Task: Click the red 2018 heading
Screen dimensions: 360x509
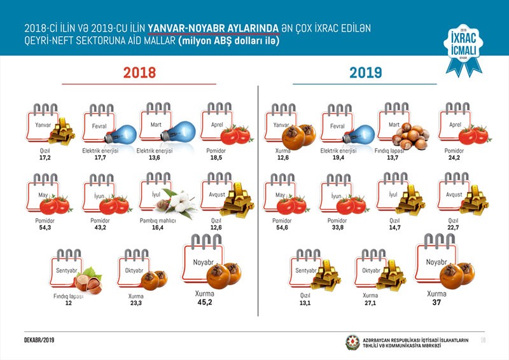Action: tap(139, 72)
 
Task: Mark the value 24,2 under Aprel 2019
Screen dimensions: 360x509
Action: tap(453, 156)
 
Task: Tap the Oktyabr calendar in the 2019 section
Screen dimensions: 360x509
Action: tap(372, 270)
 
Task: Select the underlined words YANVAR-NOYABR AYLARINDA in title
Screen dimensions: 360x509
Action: tap(213, 29)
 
